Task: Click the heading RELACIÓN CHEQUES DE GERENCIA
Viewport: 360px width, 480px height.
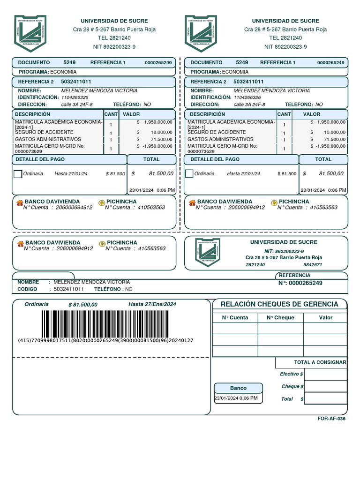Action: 279,304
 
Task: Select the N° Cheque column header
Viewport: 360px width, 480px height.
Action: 280,317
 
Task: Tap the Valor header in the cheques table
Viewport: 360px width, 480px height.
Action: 326,317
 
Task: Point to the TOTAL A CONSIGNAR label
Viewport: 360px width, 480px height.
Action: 320,362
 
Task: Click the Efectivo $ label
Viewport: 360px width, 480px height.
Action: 291,374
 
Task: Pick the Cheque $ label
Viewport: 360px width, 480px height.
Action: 292,387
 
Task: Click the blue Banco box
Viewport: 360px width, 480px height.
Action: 238,388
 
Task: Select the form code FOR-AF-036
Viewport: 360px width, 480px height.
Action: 331,419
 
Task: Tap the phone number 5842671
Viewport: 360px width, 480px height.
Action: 313,265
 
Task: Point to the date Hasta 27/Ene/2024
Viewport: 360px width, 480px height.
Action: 152,305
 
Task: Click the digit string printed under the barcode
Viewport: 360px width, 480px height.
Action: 105,341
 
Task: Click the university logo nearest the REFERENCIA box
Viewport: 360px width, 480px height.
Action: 207,253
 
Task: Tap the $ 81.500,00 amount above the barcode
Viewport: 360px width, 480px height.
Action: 83,305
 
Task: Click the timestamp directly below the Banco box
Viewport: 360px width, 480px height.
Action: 236,398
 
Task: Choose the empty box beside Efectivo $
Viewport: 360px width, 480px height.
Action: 325,374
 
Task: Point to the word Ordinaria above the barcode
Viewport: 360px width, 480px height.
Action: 37,304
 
